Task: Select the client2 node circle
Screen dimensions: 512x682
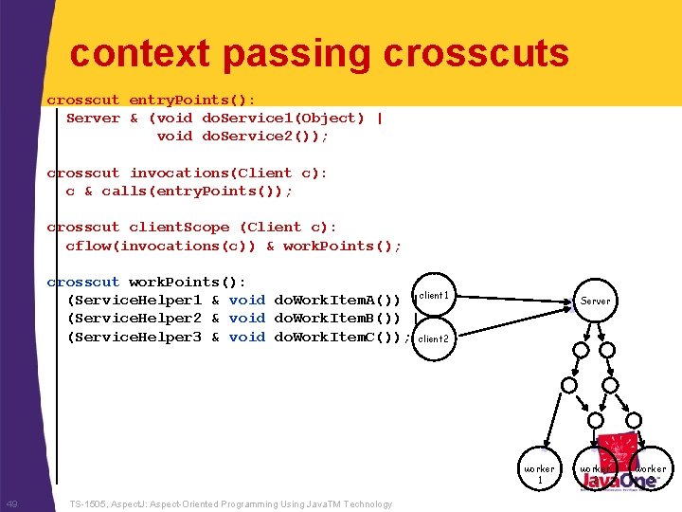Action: [434, 338]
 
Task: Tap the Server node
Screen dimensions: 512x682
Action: [596, 301]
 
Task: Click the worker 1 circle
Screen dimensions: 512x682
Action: [540, 473]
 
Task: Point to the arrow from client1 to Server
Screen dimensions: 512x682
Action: [511, 300]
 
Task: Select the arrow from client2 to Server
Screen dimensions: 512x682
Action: [511, 320]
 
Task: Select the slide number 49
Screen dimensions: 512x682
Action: [12, 504]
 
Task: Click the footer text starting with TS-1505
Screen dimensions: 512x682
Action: [231, 504]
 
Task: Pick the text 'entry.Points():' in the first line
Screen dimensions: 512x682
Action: [192, 100]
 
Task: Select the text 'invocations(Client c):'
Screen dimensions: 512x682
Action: [228, 173]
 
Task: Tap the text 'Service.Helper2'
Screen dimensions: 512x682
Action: [137, 319]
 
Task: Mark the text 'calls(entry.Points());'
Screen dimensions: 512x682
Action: [197, 191]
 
